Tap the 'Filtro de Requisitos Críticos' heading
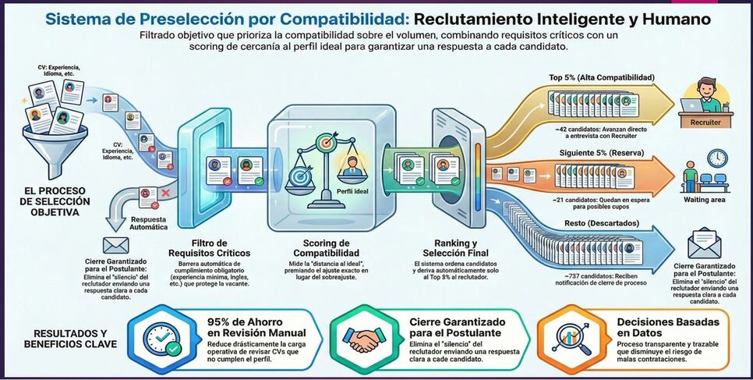(x=209, y=248)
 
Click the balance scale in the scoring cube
(x=327, y=156)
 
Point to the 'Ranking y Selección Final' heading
(x=454, y=248)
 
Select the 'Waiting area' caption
(x=705, y=200)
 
